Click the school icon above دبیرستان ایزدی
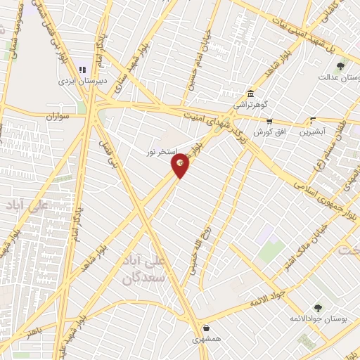pos(82,70)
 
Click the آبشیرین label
pos(314,131)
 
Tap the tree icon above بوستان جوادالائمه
pos(319,307)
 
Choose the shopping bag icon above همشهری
pos(206,328)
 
